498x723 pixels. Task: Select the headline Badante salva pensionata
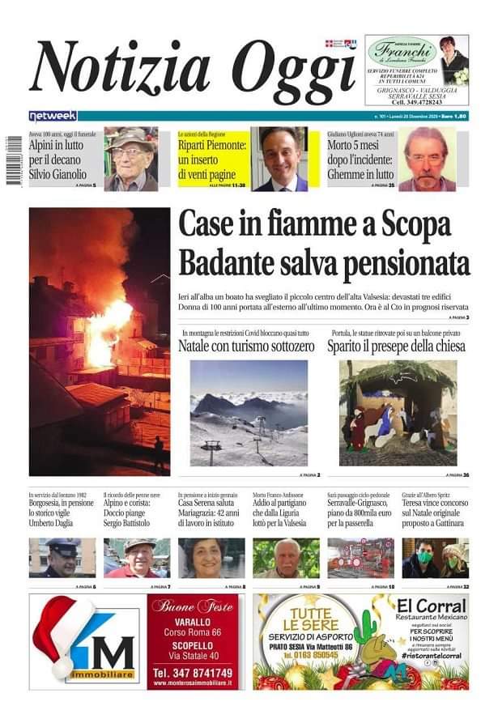tap(323, 263)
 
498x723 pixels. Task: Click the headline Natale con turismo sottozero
tap(247, 347)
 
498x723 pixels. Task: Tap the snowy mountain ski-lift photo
tap(249, 413)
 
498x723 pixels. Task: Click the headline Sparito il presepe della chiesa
tap(396, 347)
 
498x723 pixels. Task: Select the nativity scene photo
tap(398, 413)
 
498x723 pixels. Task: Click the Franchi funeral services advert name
tap(402, 50)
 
